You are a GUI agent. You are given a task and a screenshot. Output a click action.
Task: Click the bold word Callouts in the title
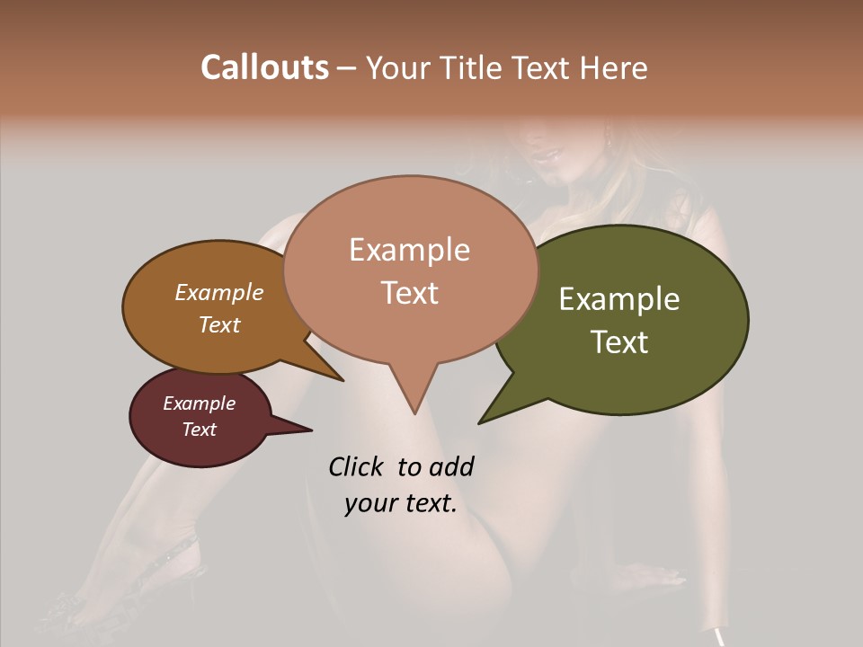click(x=264, y=67)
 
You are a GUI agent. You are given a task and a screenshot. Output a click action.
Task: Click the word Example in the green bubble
click(x=619, y=299)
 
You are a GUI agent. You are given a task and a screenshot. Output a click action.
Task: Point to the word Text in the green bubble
click(x=619, y=342)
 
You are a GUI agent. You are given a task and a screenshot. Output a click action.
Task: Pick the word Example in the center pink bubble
click(x=409, y=250)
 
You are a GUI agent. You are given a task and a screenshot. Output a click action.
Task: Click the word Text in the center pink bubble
click(x=409, y=293)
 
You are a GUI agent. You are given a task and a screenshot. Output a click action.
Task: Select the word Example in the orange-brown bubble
click(x=219, y=293)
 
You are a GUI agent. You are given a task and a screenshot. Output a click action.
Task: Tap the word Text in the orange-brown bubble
click(x=219, y=324)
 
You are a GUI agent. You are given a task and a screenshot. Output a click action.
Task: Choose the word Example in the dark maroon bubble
click(x=200, y=403)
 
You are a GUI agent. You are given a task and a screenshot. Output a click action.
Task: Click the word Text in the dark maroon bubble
click(x=200, y=430)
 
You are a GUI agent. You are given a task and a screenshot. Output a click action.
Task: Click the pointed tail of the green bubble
click(x=482, y=421)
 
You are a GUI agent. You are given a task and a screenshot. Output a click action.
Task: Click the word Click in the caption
click(x=357, y=466)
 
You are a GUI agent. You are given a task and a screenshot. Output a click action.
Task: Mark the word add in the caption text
click(x=451, y=466)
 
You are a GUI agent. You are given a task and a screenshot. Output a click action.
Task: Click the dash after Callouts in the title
click(x=346, y=68)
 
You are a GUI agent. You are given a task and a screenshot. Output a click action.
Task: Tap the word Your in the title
click(x=395, y=67)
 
